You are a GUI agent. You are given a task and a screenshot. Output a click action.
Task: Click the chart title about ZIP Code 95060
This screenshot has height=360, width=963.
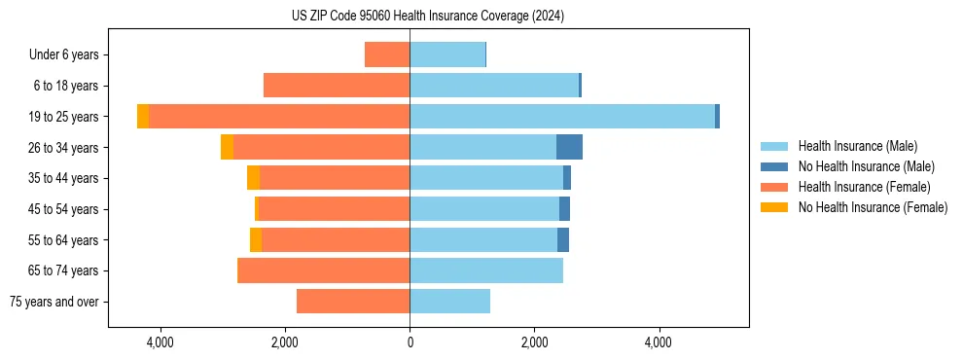tap(428, 17)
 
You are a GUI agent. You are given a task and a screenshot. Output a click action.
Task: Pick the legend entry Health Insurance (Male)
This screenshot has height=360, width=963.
tap(857, 146)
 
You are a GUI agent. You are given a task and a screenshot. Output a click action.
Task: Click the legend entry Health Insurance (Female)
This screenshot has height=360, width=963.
tap(864, 187)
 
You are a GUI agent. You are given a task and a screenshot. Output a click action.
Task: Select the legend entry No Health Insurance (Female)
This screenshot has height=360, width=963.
tap(873, 207)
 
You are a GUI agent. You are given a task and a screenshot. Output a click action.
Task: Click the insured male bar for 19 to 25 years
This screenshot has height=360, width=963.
tap(562, 117)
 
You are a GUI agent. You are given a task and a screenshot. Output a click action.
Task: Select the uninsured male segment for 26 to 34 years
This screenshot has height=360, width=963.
tap(569, 147)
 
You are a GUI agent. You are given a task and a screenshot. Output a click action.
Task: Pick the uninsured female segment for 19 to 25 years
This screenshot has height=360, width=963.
tap(143, 117)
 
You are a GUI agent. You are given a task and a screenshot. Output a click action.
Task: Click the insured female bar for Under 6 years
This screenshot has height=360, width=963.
tap(387, 54)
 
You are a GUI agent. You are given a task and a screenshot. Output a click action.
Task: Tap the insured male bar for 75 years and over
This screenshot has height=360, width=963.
tap(449, 302)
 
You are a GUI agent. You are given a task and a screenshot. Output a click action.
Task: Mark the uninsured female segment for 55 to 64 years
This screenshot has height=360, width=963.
tap(256, 239)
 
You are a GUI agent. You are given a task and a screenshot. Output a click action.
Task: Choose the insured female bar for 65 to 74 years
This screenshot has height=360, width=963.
tap(325, 270)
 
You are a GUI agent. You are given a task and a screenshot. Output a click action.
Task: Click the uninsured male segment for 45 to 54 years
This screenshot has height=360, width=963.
tap(564, 209)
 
